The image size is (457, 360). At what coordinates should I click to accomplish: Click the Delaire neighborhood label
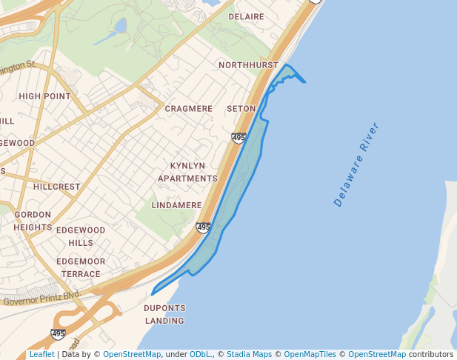point(246,16)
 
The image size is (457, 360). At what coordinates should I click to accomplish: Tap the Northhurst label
point(248,65)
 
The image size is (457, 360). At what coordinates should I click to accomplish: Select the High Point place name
point(44,96)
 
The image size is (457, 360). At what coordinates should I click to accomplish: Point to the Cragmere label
point(188,108)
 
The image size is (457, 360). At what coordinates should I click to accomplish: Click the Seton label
point(241,108)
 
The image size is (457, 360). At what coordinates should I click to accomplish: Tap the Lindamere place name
point(176,204)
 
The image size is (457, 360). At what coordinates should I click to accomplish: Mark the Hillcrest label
point(56,187)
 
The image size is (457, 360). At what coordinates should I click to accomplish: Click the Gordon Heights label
point(33,221)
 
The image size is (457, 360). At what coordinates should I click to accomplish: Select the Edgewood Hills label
point(81,236)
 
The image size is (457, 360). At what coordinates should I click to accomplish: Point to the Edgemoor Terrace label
point(81,267)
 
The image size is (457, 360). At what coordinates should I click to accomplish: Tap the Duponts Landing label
point(164,314)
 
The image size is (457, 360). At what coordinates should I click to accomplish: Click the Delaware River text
point(361,164)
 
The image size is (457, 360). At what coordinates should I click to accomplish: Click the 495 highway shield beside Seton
point(238,138)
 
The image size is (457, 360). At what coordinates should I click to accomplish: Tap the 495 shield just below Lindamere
point(204,227)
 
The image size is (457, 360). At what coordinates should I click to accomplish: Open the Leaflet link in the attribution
point(41,354)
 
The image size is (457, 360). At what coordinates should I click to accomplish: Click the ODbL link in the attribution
point(200,354)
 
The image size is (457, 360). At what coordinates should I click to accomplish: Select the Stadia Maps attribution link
point(249,354)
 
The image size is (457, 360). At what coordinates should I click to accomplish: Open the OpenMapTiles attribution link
point(310,354)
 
